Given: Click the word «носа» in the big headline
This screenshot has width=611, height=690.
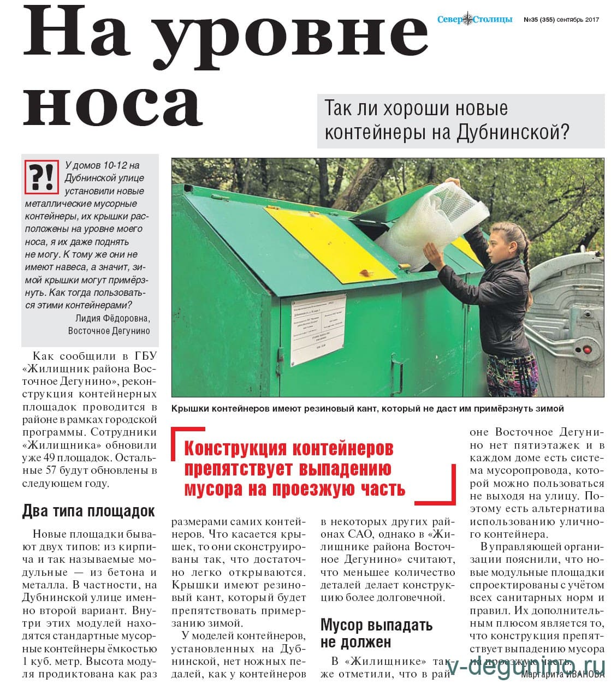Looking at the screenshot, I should [x=112, y=102].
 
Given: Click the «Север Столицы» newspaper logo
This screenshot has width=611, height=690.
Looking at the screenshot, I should [x=474, y=19].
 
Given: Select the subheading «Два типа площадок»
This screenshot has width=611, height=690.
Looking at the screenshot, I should [x=88, y=511].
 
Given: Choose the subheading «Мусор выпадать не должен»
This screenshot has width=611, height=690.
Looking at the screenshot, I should [x=376, y=633].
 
